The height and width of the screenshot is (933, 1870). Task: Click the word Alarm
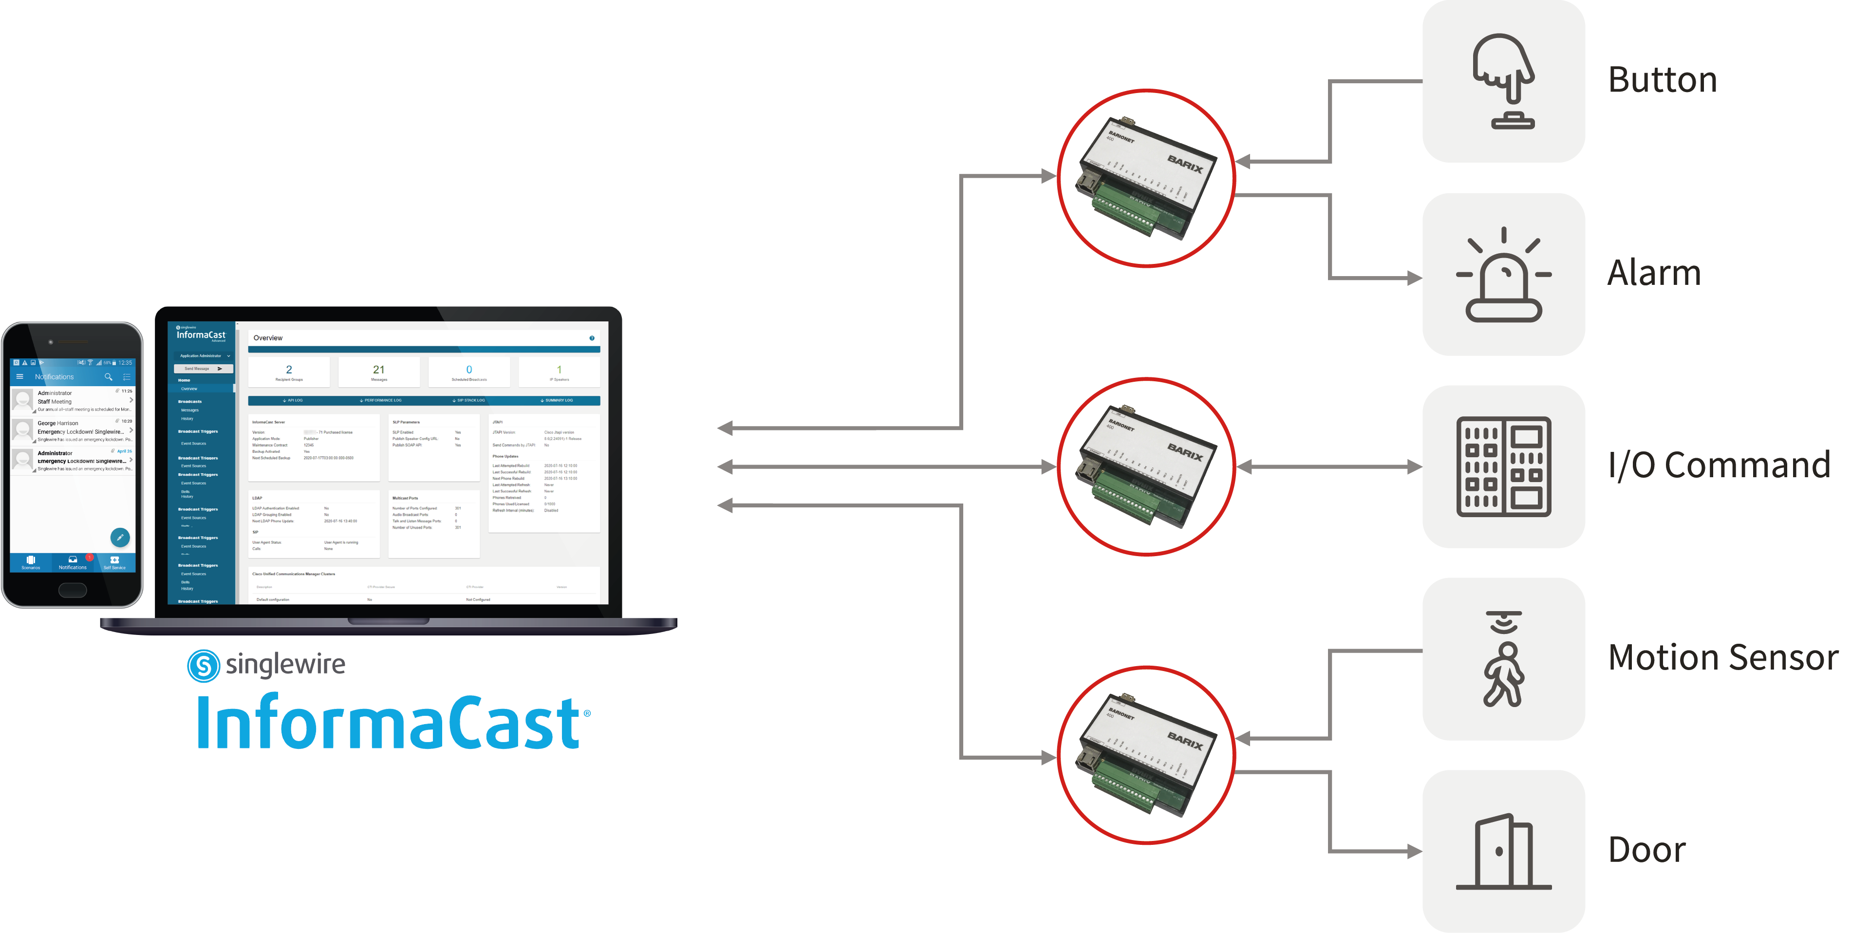pyautogui.click(x=1654, y=273)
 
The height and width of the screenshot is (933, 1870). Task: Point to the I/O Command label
pyautogui.click(x=1718, y=466)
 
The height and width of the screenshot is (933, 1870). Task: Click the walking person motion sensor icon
pyautogui.click(x=1503, y=659)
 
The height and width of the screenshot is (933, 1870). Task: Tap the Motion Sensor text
pyautogui.click(x=1722, y=658)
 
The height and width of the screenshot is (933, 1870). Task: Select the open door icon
pyautogui.click(x=1503, y=852)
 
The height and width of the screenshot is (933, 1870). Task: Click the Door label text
pyautogui.click(x=1646, y=850)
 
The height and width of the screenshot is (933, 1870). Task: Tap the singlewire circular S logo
pyautogui.click(x=203, y=665)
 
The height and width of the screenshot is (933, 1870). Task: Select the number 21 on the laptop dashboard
pyautogui.click(x=378, y=370)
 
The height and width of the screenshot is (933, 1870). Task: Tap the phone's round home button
pyautogui.click(x=72, y=590)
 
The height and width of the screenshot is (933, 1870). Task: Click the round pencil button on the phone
pyautogui.click(x=120, y=537)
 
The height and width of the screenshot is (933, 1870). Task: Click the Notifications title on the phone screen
pyautogui.click(x=55, y=377)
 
